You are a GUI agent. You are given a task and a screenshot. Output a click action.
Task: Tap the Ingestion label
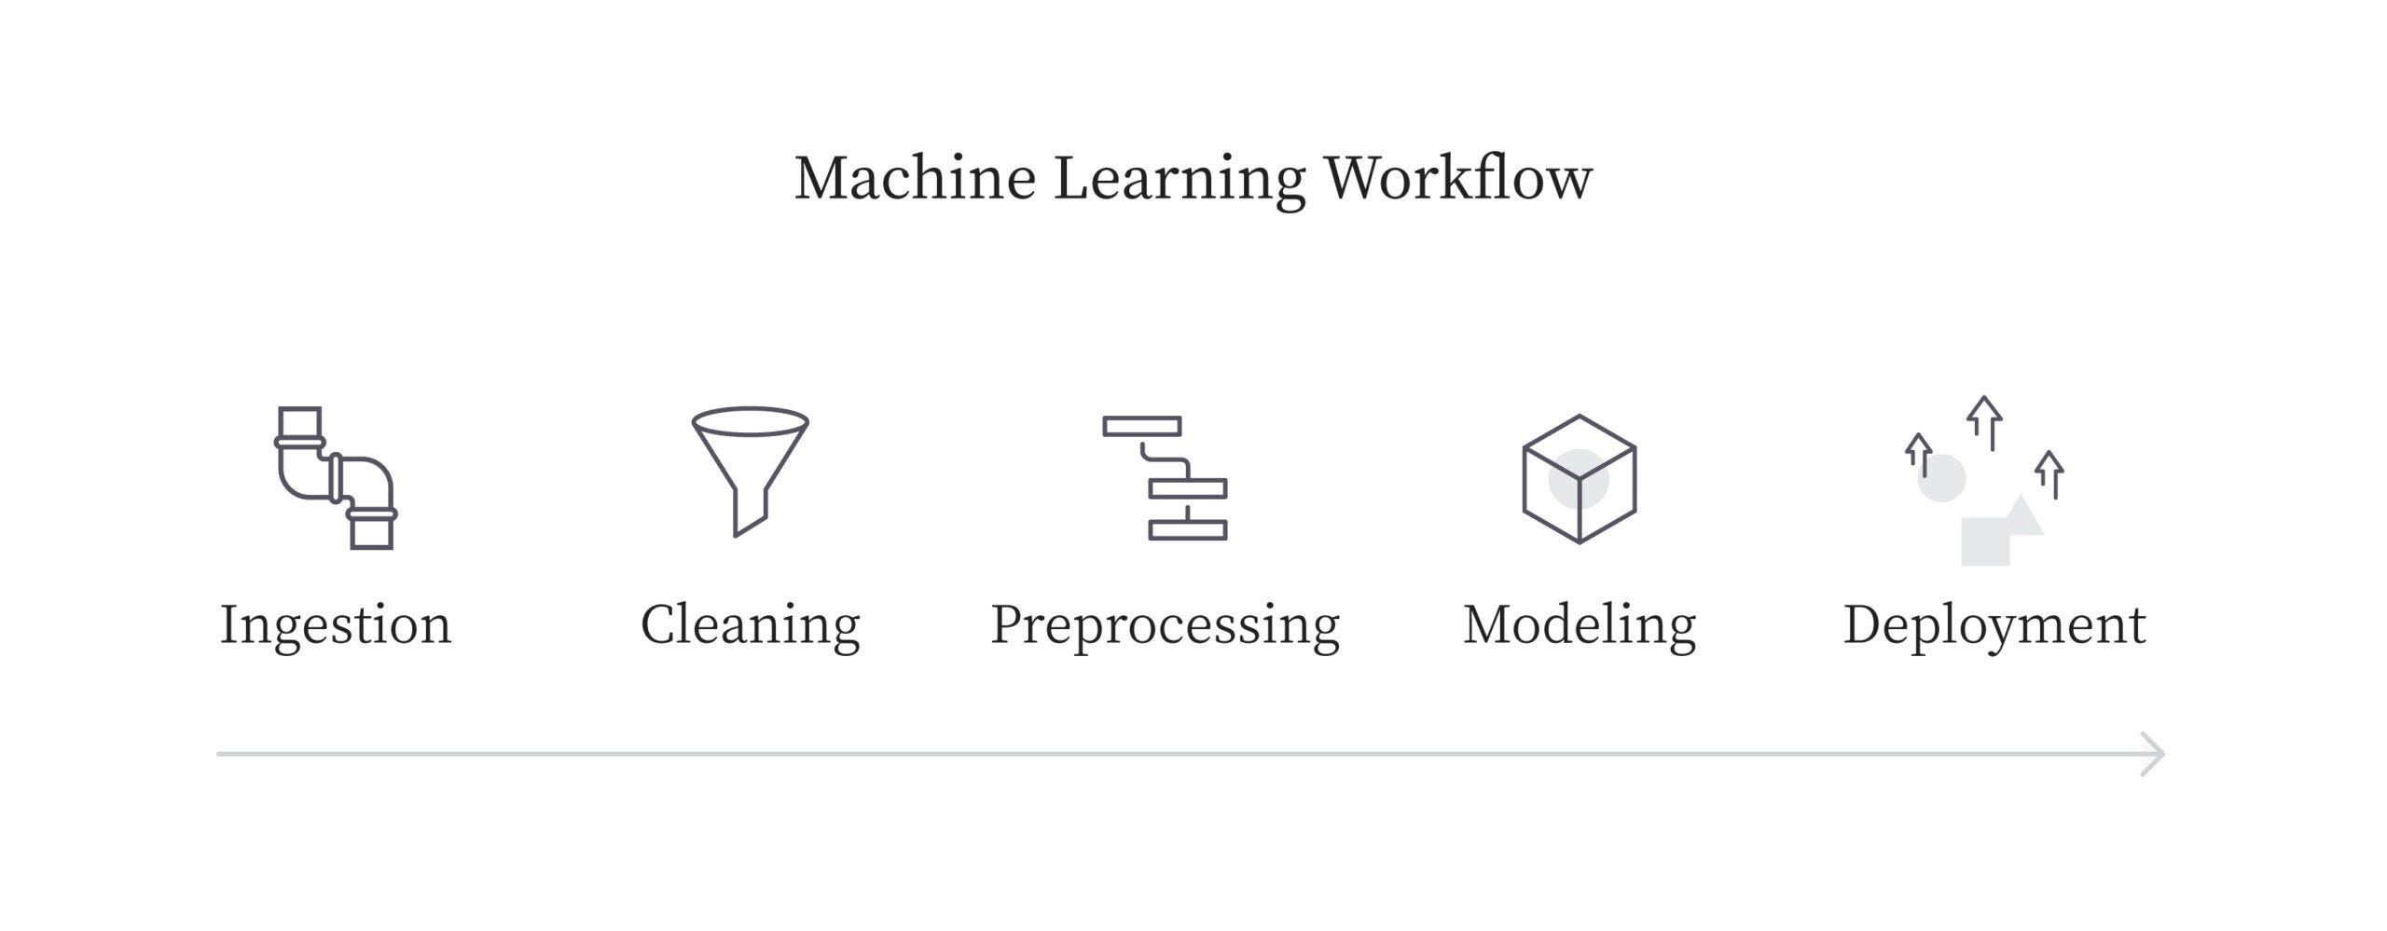coord(336,624)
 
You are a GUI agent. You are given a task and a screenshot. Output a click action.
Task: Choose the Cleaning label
coord(750,624)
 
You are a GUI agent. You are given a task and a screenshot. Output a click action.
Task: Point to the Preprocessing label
coord(1165,624)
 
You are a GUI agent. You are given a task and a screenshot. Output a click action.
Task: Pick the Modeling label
coord(1579,624)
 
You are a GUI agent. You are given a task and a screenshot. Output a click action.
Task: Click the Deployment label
coord(1994,624)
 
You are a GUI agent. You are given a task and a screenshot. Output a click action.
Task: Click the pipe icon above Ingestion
coord(336,477)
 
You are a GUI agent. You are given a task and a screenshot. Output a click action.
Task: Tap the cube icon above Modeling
coord(1579,479)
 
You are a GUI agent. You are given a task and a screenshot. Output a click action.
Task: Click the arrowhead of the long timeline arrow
coord(2154,754)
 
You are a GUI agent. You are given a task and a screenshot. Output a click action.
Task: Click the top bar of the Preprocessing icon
coord(1141,426)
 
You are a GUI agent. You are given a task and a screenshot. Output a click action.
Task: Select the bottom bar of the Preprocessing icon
coord(1187,530)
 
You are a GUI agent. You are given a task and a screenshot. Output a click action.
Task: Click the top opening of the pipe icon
coord(299,421)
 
